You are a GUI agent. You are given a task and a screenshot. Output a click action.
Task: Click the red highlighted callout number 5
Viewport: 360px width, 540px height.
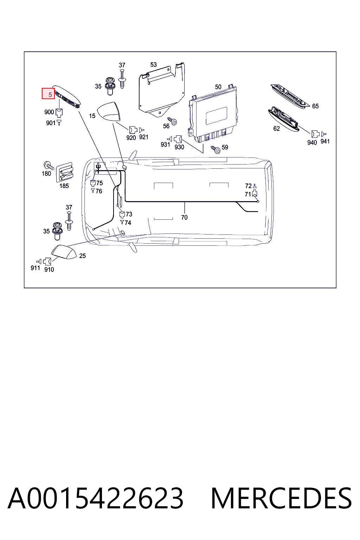(x=49, y=94)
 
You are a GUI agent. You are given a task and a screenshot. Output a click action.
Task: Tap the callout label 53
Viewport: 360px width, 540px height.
(x=153, y=65)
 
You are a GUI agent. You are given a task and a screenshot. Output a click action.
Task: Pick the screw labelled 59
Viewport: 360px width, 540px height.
(x=216, y=150)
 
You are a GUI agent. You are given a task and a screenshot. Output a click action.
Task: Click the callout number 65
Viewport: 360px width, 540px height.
(x=315, y=106)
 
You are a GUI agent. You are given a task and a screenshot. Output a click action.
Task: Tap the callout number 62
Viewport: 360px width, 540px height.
(x=276, y=128)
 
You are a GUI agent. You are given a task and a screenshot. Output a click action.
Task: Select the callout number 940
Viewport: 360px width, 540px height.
(x=312, y=142)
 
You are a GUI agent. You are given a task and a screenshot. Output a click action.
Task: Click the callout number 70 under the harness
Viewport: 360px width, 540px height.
(x=184, y=218)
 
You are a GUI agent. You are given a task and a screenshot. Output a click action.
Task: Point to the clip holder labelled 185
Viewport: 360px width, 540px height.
(x=65, y=172)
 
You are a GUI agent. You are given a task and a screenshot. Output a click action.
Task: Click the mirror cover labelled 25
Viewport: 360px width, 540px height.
(x=64, y=252)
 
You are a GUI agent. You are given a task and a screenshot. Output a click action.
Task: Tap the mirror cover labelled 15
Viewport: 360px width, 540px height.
(x=109, y=111)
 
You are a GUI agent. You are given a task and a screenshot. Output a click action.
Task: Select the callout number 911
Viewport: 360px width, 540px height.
(x=35, y=268)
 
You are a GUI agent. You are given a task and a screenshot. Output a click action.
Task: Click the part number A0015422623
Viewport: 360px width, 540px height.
(x=96, y=499)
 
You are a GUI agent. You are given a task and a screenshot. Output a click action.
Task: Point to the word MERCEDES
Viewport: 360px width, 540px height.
(x=281, y=499)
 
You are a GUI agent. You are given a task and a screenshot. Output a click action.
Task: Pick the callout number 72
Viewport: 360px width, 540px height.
(x=248, y=186)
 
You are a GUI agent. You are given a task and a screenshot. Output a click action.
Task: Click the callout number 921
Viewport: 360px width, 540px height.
(x=143, y=137)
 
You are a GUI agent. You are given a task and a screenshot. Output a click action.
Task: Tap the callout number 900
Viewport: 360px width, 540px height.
(x=49, y=112)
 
